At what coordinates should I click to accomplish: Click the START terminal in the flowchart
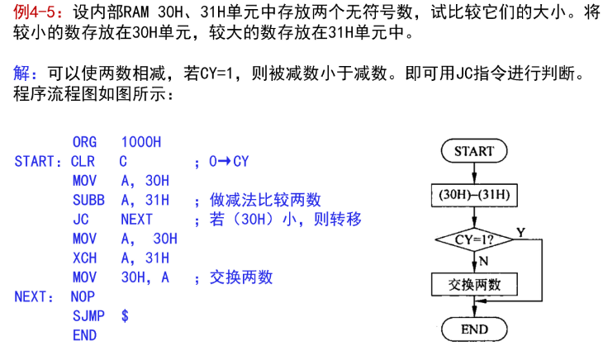click(x=474, y=150)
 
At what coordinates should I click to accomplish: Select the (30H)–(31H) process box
click(x=474, y=195)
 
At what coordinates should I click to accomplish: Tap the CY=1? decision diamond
click(x=474, y=239)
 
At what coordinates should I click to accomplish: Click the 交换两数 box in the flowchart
click(x=474, y=284)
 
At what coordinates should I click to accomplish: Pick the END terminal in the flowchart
click(x=474, y=329)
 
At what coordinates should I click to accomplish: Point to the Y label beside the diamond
click(x=520, y=233)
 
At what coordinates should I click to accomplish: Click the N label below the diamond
click(x=484, y=261)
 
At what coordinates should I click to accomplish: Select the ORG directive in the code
click(x=84, y=142)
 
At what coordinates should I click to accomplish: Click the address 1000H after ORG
click(x=141, y=142)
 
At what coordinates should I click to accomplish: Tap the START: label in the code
click(x=38, y=161)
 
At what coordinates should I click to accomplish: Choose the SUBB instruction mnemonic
click(x=88, y=200)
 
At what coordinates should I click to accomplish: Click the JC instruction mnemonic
click(x=81, y=220)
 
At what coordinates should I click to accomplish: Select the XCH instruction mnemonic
click(x=84, y=258)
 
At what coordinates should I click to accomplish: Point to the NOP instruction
click(x=83, y=296)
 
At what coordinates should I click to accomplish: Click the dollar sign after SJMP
click(x=125, y=315)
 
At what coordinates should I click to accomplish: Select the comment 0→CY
click(x=229, y=161)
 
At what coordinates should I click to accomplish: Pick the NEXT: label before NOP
click(x=34, y=296)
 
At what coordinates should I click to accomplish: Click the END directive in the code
click(x=84, y=335)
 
